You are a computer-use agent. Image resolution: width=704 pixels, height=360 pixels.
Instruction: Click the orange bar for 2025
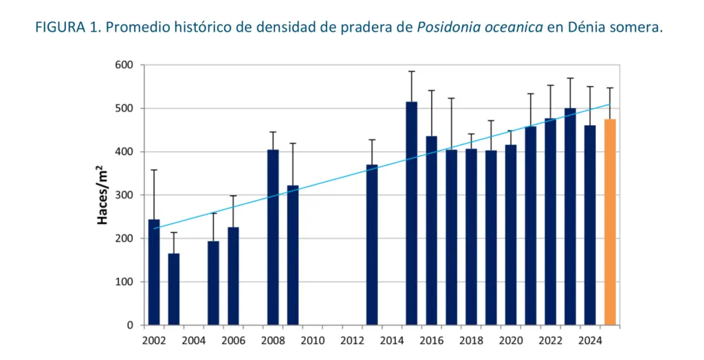[610, 222]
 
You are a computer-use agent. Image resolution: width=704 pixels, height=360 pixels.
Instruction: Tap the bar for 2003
[174, 289]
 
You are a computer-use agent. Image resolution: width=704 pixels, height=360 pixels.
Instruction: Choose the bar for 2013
[372, 245]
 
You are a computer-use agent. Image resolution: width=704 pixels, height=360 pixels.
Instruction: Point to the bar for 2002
[154, 272]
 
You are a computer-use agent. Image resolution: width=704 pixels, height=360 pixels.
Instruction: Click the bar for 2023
[570, 216]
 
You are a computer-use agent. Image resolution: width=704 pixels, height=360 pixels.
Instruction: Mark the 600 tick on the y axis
[127, 65]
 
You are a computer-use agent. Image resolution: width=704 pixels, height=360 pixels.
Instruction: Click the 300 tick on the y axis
[127, 195]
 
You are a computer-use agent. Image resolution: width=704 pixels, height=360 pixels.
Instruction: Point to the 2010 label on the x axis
[312, 340]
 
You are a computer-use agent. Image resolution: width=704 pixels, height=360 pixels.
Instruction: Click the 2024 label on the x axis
[589, 340]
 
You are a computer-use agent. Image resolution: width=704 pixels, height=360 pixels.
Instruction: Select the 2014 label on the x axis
[391, 340]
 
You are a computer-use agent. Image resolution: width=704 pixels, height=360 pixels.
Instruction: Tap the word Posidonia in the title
[447, 27]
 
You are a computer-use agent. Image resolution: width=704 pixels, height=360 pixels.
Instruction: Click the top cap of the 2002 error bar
[154, 170]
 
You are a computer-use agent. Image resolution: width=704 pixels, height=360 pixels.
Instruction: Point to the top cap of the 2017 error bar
[451, 98]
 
